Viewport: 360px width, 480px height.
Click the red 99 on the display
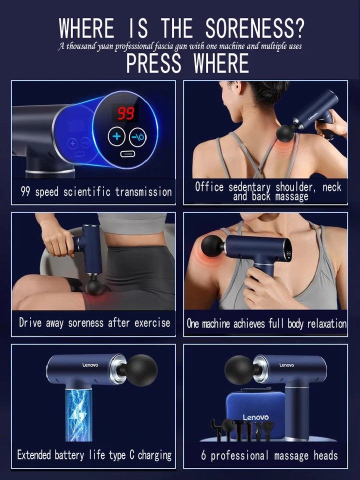pos(125,113)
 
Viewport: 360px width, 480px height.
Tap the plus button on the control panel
pos(117,136)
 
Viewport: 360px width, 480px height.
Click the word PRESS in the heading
pos(155,63)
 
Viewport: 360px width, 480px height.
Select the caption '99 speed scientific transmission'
pos(96,192)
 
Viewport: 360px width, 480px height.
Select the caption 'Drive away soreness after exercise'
pos(94,322)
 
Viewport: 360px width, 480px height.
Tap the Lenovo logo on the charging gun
pos(90,365)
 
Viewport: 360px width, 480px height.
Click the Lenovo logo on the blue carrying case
pos(255,417)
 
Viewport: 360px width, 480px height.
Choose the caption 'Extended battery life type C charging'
pos(94,455)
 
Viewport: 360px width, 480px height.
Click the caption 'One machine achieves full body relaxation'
pos(266,323)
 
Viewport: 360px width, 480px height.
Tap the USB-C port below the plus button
pos(127,153)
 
